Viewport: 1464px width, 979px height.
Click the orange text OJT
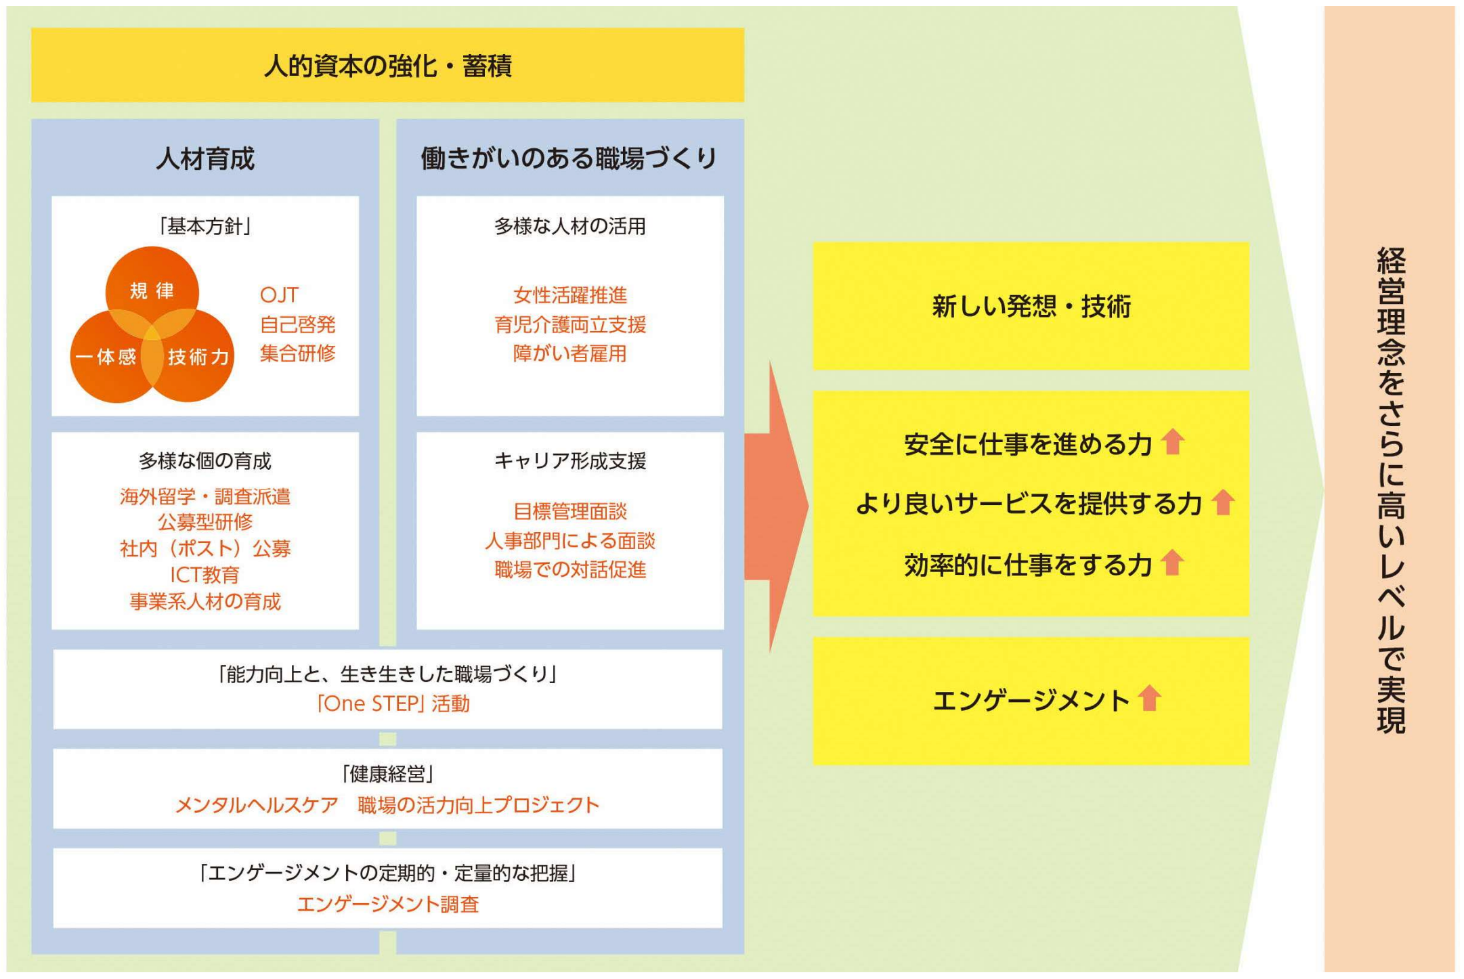click(x=279, y=295)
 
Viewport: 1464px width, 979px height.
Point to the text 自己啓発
click(x=298, y=325)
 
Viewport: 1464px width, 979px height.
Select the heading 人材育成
click(x=205, y=159)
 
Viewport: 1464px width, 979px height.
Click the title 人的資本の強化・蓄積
click(x=387, y=66)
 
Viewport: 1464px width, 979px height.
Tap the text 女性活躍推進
click(x=570, y=295)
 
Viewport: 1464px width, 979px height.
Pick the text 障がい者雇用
click(x=570, y=353)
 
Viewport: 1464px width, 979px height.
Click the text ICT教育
click(x=204, y=575)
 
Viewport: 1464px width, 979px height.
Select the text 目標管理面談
click(x=570, y=511)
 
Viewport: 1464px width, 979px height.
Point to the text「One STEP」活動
click(x=393, y=704)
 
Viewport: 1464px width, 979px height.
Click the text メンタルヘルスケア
click(x=257, y=805)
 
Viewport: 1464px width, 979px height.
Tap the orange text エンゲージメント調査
click(x=387, y=905)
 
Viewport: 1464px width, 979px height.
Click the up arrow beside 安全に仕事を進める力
click(x=1173, y=443)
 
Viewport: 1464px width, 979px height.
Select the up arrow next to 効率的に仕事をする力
click(x=1172, y=563)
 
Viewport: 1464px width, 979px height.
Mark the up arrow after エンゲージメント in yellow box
click(x=1149, y=698)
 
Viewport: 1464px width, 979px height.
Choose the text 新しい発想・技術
click(x=1031, y=307)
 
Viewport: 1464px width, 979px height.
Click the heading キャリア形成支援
click(x=570, y=461)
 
